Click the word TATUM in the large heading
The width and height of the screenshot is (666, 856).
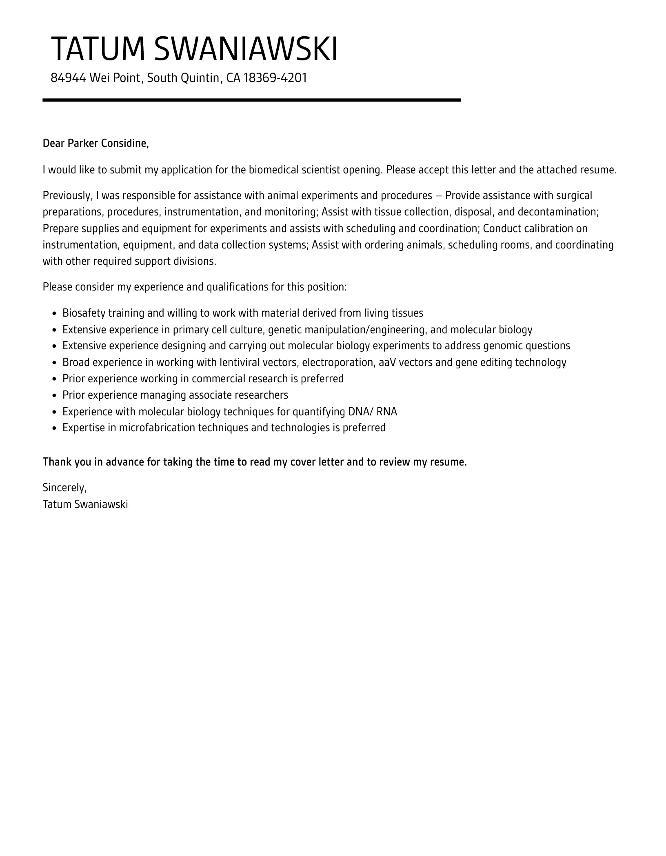click(x=98, y=49)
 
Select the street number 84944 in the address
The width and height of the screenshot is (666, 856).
click(x=68, y=78)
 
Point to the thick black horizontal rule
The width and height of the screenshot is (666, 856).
click(x=251, y=100)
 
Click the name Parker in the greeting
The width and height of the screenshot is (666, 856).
click(x=83, y=143)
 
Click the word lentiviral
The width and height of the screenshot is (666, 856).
click(x=240, y=362)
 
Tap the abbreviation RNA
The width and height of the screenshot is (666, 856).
click(x=386, y=411)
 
